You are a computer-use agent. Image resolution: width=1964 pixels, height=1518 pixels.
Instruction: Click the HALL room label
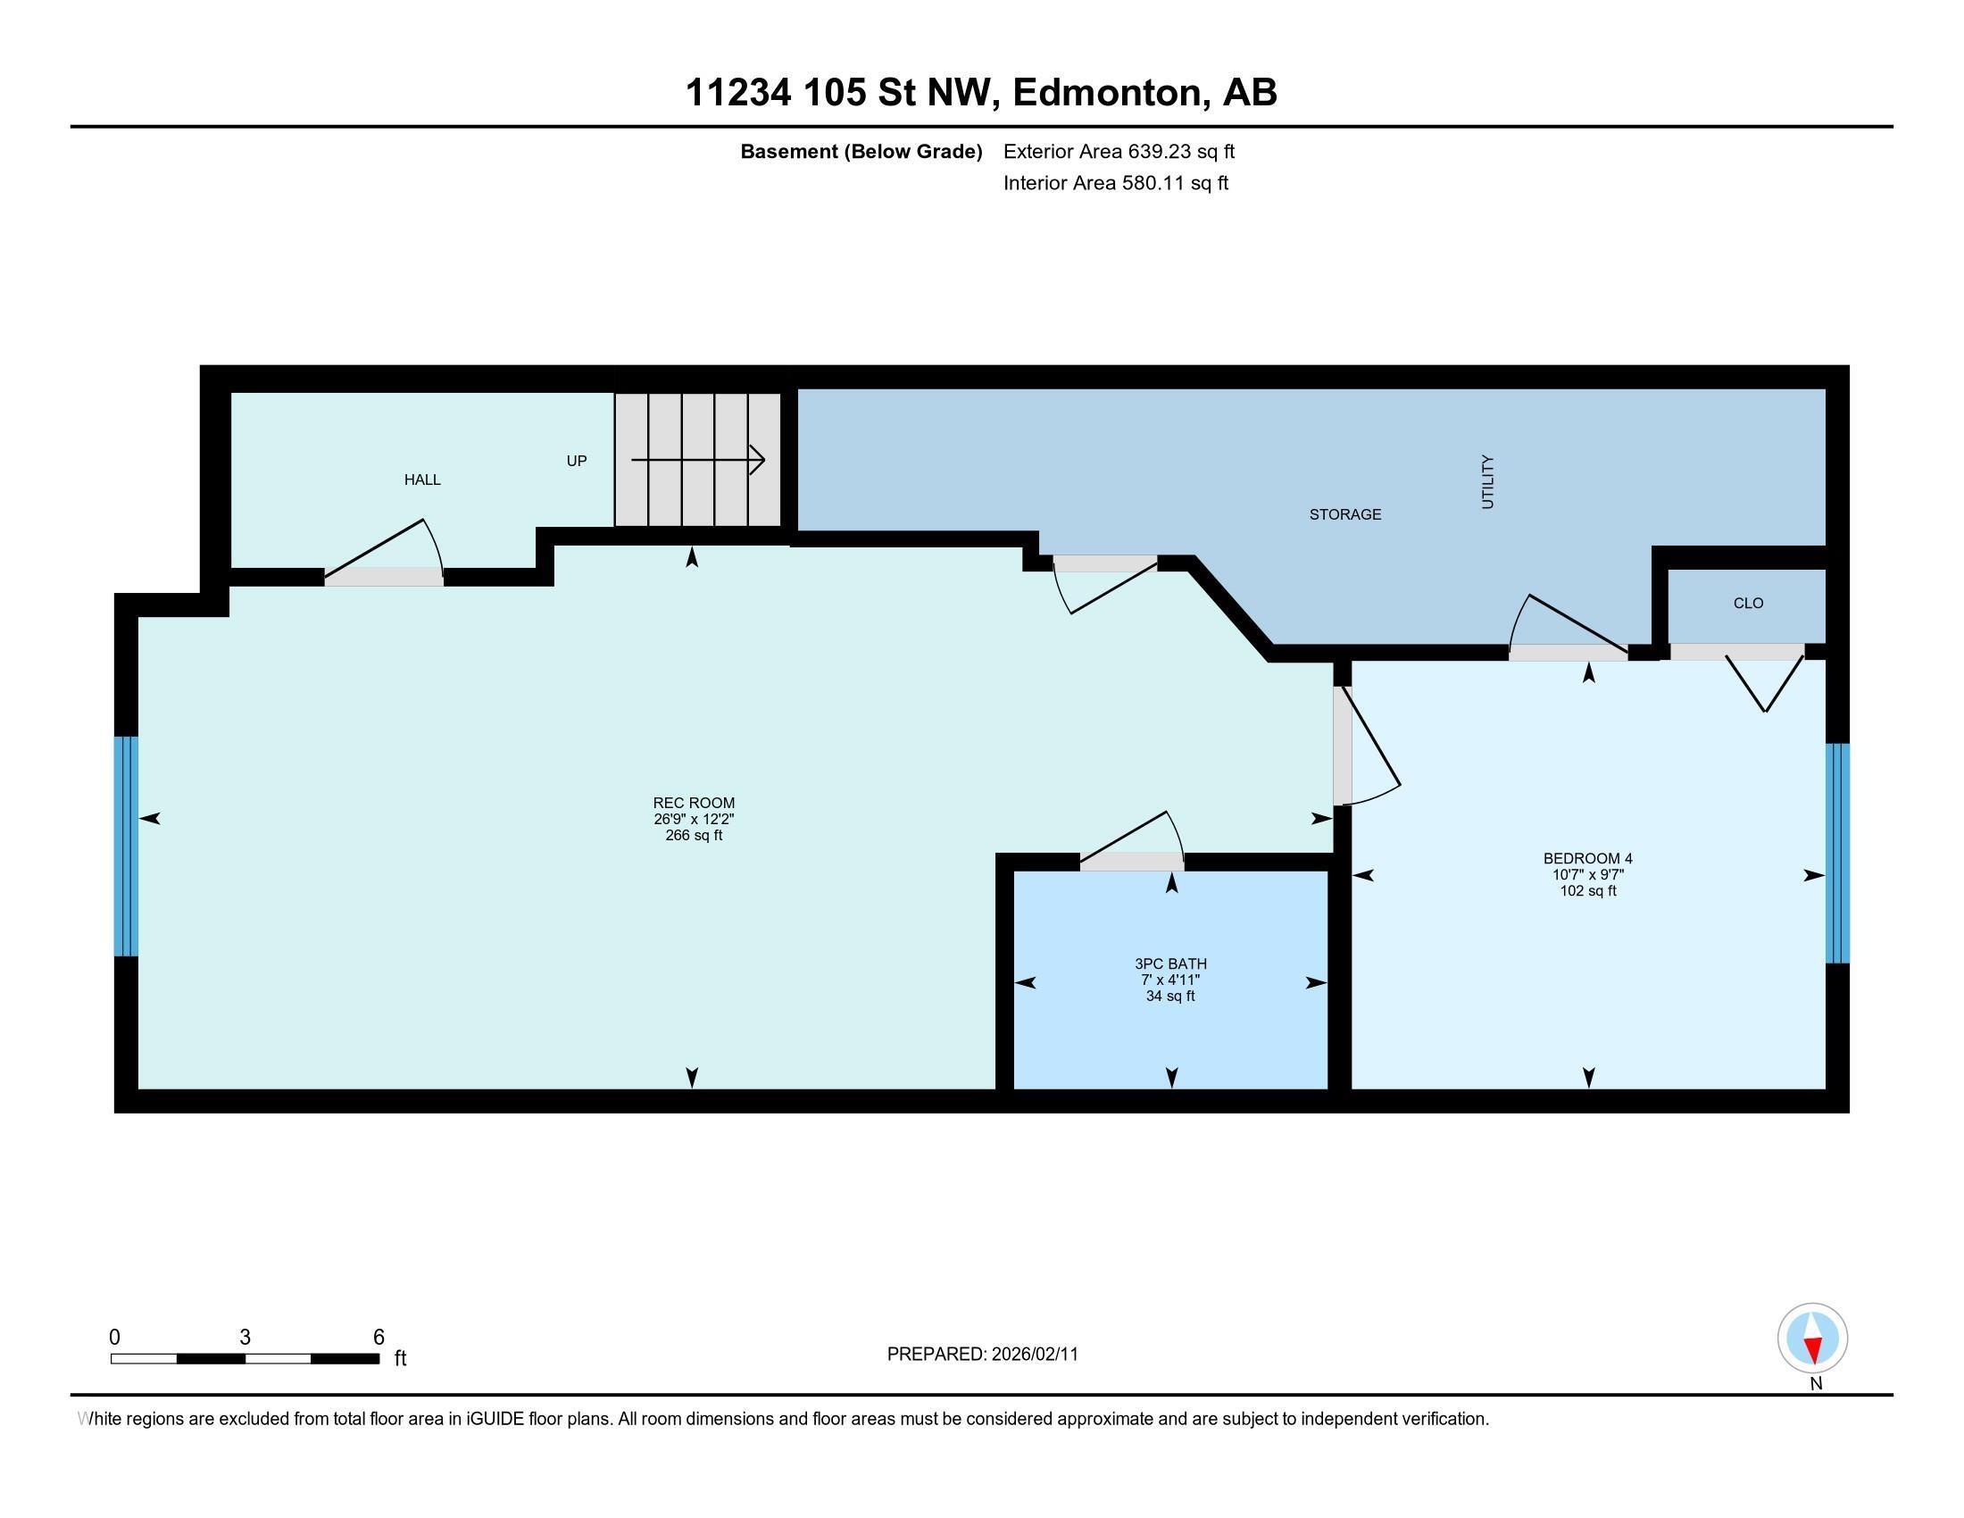point(421,480)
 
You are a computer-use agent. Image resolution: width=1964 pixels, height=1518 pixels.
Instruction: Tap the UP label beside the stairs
point(577,462)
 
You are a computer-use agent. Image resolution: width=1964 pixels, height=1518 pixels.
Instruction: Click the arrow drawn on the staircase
point(698,461)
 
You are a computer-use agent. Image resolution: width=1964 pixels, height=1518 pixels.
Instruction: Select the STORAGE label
point(1344,514)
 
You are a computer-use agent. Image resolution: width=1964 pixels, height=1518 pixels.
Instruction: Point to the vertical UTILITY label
point(1487,482)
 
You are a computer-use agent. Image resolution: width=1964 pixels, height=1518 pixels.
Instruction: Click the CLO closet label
point(1748,604)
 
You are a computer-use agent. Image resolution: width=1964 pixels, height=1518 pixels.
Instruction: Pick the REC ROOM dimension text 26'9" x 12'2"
point(694,819)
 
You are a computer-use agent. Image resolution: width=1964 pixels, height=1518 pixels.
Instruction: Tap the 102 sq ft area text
point(1587,891)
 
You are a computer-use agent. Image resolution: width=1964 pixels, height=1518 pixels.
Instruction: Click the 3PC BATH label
point(1170,964)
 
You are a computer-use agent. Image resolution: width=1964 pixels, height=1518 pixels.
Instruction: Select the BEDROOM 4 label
point(1587,859)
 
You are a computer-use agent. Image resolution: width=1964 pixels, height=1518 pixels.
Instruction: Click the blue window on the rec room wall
point(126,847)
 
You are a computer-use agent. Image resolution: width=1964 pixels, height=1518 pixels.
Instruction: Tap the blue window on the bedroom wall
point(1837,853)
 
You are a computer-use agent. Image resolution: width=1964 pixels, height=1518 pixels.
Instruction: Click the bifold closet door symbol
point(1764,683)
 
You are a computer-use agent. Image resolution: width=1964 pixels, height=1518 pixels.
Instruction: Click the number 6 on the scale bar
point(379,1338)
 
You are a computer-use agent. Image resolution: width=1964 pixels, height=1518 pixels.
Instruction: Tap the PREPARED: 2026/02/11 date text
point(982,1355)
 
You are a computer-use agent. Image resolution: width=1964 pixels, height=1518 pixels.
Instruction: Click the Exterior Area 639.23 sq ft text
point(1119,152)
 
